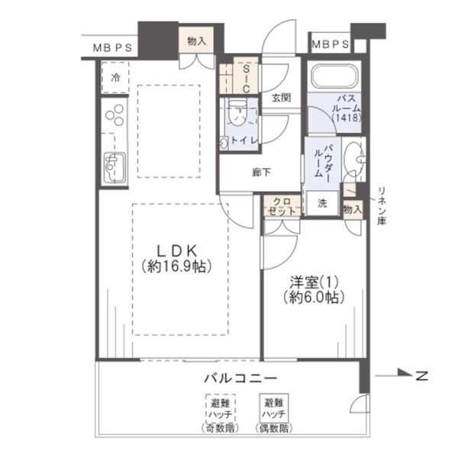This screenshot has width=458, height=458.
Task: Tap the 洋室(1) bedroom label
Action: click(x=311, y=288)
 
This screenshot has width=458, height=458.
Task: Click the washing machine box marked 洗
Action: click(x=322, y=204)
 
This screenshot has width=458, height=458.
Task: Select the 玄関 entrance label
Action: click(x=279, y=97)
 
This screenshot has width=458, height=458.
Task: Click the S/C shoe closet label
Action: click(x=246, y=76)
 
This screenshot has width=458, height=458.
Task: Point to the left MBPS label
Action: click(x=111, y=47)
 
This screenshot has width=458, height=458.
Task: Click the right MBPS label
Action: click(x=331, y=44)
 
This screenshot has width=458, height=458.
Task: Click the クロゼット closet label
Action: click(x=279, y=206)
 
